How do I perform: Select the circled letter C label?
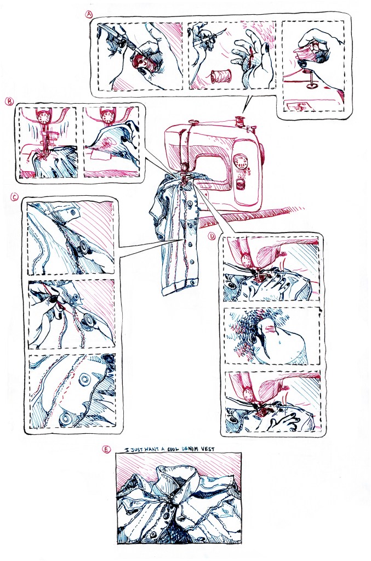click(14, 197)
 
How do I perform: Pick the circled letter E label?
click(106, 450)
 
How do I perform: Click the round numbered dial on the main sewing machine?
click(241, 162)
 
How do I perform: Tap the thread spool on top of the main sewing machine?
click(239, 121)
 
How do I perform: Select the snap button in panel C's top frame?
click(85, 246)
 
